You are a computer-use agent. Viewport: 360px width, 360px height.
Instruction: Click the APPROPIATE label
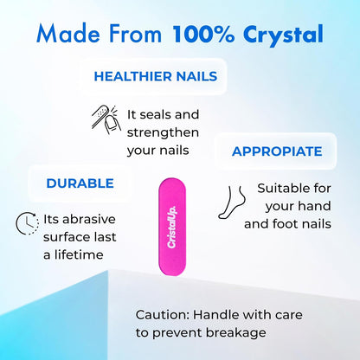[277, 151]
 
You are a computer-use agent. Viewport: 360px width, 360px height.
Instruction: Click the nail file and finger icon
[106, 121]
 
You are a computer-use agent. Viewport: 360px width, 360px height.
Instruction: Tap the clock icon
[28, 224]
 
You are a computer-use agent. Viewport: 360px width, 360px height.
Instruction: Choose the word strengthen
[163, 132]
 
